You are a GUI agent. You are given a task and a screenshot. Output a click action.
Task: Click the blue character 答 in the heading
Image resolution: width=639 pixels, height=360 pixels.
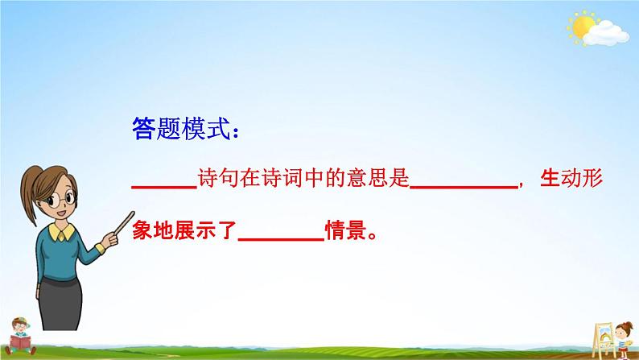tap(141, 129)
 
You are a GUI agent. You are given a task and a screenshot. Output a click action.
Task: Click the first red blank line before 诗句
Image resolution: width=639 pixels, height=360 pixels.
tap(163, 187)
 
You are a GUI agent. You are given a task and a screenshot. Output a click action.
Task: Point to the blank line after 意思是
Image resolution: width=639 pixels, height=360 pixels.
tap(464, 187)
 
